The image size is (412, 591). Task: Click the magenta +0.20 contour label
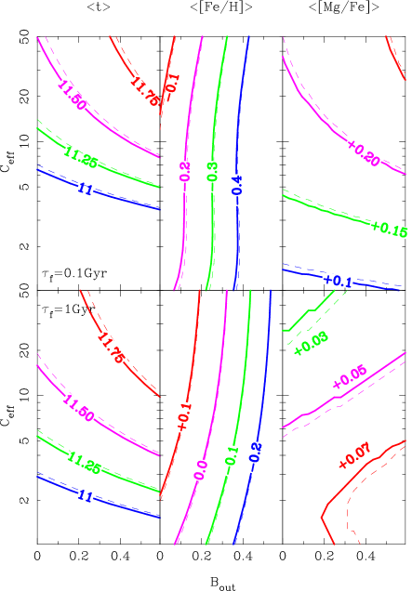coord(363,152)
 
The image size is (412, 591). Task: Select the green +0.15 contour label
coord(389,229)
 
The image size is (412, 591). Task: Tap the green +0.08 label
coord(311,343)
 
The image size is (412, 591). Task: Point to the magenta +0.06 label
coord(350,377)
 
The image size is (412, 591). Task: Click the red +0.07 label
coord(354,455)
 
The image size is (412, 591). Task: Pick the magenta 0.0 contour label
coord(201,469)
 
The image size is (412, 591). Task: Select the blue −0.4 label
coord(237,189)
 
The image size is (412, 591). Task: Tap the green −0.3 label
coord(212,177)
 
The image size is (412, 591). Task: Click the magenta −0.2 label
coord(185,176)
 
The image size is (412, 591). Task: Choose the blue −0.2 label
coord(255,457)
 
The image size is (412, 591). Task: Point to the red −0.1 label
coord(171,86)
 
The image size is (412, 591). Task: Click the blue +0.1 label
coord(338,280)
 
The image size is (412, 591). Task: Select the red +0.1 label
coord(183,416)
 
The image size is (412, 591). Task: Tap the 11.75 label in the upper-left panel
coord(145,91)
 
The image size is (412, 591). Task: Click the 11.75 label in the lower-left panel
coord(111,348)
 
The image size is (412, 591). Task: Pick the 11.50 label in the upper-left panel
coord(72,96)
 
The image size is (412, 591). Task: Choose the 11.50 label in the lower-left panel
coord(78,409)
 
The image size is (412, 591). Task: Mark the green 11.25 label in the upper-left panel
coord(82,158)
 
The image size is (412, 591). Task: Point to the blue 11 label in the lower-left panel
coord(85,496)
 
